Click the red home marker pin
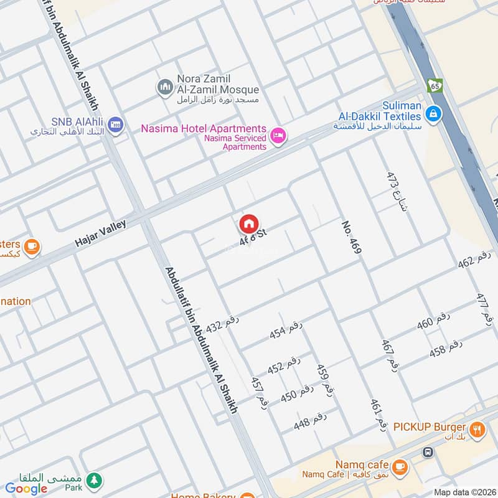pyautogui.click(x=248, y=224)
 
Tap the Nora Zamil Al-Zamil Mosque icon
pyautogui.click(x=164, y=86)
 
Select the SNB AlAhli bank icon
pyautogui.click(x=115, y=125)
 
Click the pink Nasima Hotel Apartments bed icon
pyautogui.click(x=278, y=134)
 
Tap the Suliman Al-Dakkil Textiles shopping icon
pyautogui.click(x=434, y=113)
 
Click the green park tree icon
pyautogui.click(x=95, y=480)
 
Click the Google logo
pyautogui.click(x=26, y=489)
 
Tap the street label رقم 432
pyautogui.click(x=222, y=324)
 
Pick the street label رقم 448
pyautogui.click(x=311, y=421)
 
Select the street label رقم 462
pyautogui.click(x=475, y=260)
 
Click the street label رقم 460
pyautogui.click(x=433, y=321)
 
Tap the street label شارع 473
pyautogui.click(x=396, y=191)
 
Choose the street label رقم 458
pyautogui.click(x=446, y=349)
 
